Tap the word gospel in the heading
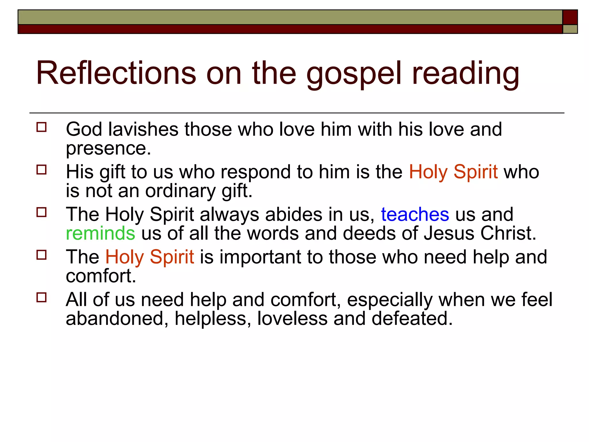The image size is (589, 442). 353,74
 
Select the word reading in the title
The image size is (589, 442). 466,74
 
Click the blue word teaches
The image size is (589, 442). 415,215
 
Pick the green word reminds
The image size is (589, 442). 100,233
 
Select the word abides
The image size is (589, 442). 294,215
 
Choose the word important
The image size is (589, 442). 260,257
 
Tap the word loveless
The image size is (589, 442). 292,319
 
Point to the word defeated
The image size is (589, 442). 412,319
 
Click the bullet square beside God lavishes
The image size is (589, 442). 42,127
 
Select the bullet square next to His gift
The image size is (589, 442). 42,170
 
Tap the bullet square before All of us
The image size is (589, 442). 42,297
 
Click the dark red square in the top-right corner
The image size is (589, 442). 570,17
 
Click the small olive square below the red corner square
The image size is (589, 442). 570,29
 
